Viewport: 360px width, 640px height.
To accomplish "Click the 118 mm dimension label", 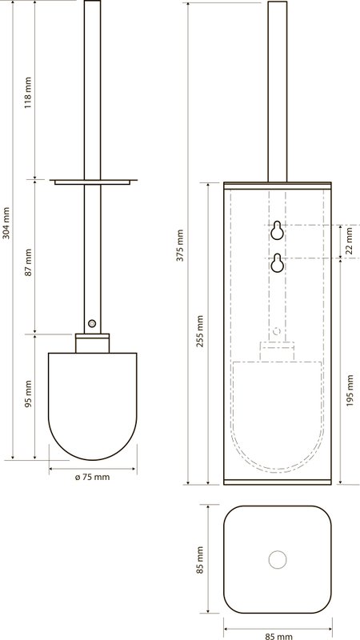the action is (27, 92).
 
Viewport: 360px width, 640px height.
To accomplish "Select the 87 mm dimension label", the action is (28, 262).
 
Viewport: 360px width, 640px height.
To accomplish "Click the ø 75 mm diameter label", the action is (93, 477).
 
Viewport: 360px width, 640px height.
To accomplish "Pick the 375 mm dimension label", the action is (180, 246).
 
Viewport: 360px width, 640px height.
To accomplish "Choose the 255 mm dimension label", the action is (201, 330).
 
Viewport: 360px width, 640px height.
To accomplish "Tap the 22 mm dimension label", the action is (349, 241).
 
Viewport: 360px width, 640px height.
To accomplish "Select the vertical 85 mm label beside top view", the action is (199, 560).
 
